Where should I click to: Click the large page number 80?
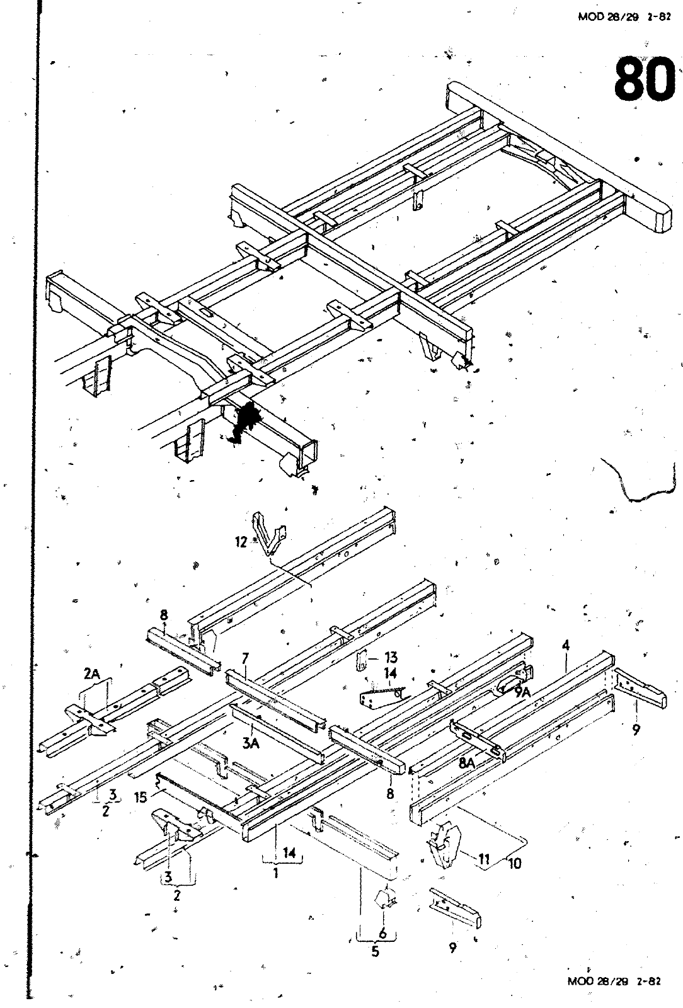pyautogui.click(x=642, y=79)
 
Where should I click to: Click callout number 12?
pyautogui.click(x=241, y=542)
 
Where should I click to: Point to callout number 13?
pyautogui.click(x=391, y=658)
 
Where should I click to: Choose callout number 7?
pyautogui.click(x=245, y=658)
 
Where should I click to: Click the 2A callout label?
pyautogui.click(x=92, y=674)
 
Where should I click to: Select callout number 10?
pyautogui.click(x=514, y=863)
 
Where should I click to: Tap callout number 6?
pyautogui.click(x=382, y=934)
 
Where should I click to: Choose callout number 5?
pyautogui.click(x=376, y=951)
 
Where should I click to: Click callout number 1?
pyautogui.click(x=275, y=873)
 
